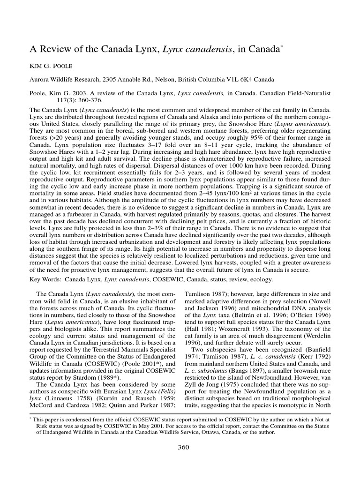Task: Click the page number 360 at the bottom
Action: point(183,447)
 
